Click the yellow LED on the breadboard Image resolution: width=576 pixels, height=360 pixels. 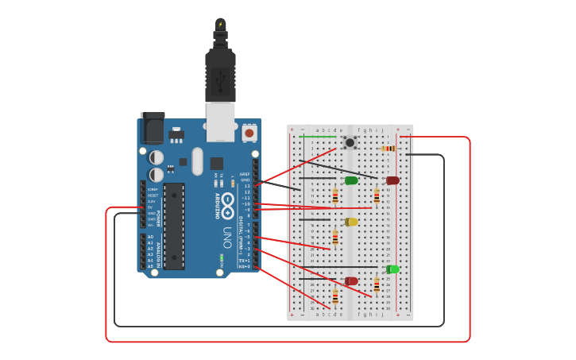coord(351,222)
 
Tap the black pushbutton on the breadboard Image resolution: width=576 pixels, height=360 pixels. coord(350,142)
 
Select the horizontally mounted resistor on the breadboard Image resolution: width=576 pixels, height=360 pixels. coord(389,148)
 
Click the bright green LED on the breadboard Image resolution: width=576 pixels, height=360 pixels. coord(392,269)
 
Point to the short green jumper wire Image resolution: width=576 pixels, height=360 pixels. coord(319,136)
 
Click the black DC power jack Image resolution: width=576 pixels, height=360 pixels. coord(152,127)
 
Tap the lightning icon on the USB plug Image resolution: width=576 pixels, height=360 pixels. coord(220,24)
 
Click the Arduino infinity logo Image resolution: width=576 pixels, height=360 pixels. coord(228,203)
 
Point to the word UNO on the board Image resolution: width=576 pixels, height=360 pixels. coord(227,237)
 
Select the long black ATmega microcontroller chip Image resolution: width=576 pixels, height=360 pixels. coord(174,226)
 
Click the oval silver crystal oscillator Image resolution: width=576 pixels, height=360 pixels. coord(197,161)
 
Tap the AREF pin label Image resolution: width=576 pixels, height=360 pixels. coord(245,174)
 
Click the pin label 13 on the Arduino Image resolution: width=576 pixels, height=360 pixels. coord(247,186)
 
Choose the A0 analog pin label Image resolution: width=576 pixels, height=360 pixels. coord(150,237)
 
